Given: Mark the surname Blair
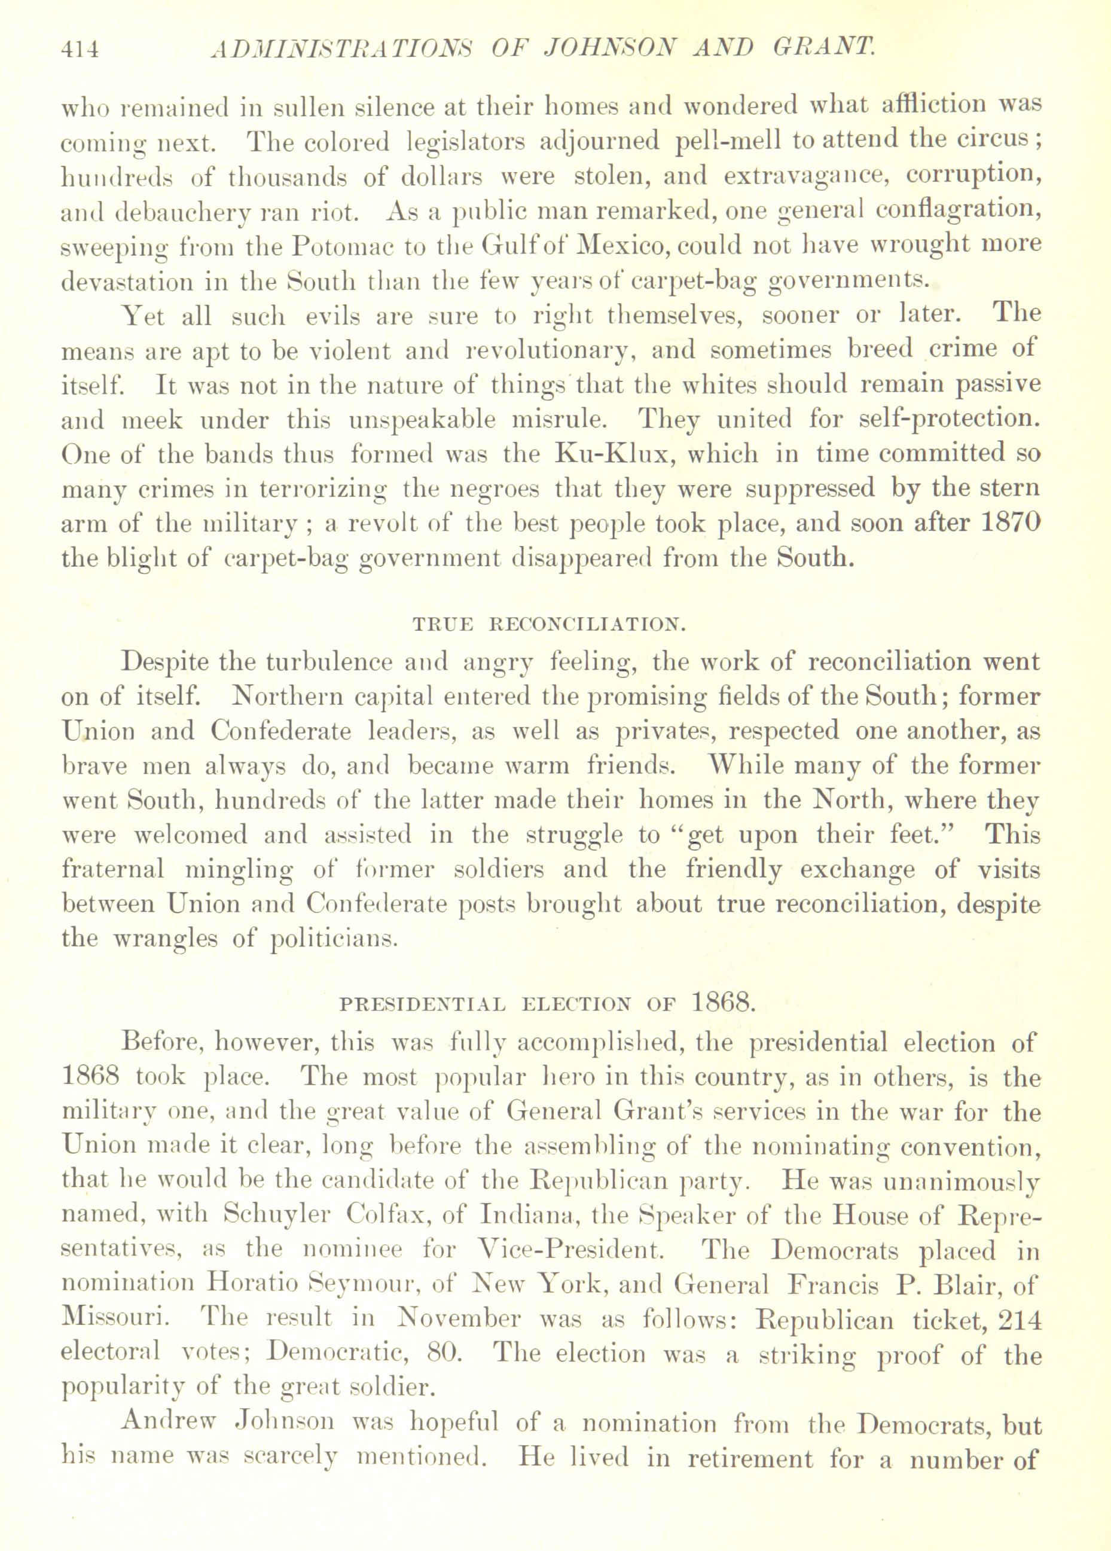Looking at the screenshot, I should tap(967, 1285).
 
